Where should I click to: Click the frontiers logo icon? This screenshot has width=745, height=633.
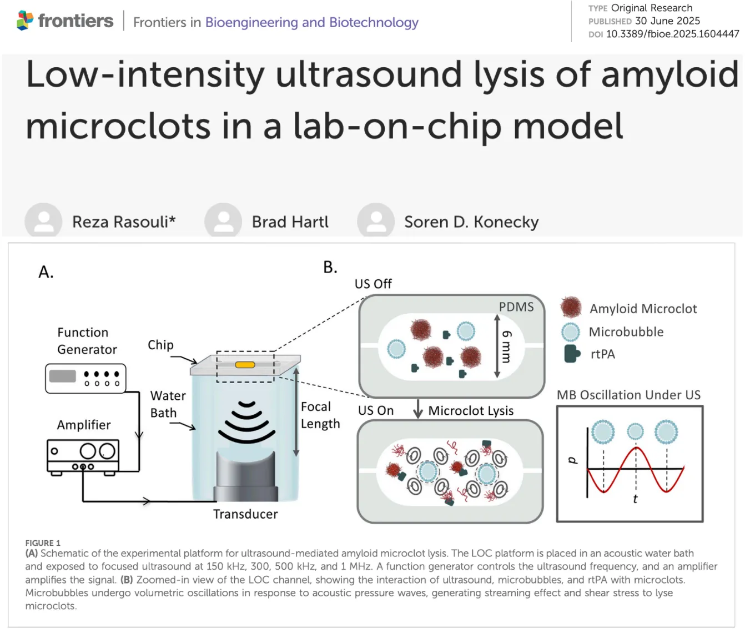[25, 21]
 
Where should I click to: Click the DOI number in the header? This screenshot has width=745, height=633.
[672, 34]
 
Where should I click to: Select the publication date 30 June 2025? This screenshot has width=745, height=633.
[667, 21]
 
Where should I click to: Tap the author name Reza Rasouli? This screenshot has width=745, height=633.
[123, 222]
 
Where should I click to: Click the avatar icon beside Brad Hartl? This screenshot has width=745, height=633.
[223, 220]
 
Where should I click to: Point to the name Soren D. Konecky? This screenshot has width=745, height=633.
[471, 222]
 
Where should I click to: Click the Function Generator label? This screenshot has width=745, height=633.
[87, 341]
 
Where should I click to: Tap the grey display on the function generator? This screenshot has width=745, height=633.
[62, 376]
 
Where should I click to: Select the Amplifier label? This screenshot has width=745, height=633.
[83, 425]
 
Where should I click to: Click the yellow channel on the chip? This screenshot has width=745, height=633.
[245, 365]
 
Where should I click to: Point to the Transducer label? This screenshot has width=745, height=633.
[245, 514]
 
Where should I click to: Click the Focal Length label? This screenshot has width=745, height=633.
[320, 415]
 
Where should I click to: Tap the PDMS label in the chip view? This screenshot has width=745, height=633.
[516, 307]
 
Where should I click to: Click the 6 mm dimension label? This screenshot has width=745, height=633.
[506, 346]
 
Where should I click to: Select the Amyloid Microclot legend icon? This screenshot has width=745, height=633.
[571, 307]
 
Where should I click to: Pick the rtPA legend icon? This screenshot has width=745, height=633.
[571, 354]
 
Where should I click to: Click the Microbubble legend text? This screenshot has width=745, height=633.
[626, 332]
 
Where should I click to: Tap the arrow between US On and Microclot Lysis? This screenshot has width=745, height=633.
[418, 410]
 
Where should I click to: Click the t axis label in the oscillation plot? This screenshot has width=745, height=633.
[635, 499]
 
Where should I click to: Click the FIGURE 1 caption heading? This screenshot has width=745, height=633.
[43, 543]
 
